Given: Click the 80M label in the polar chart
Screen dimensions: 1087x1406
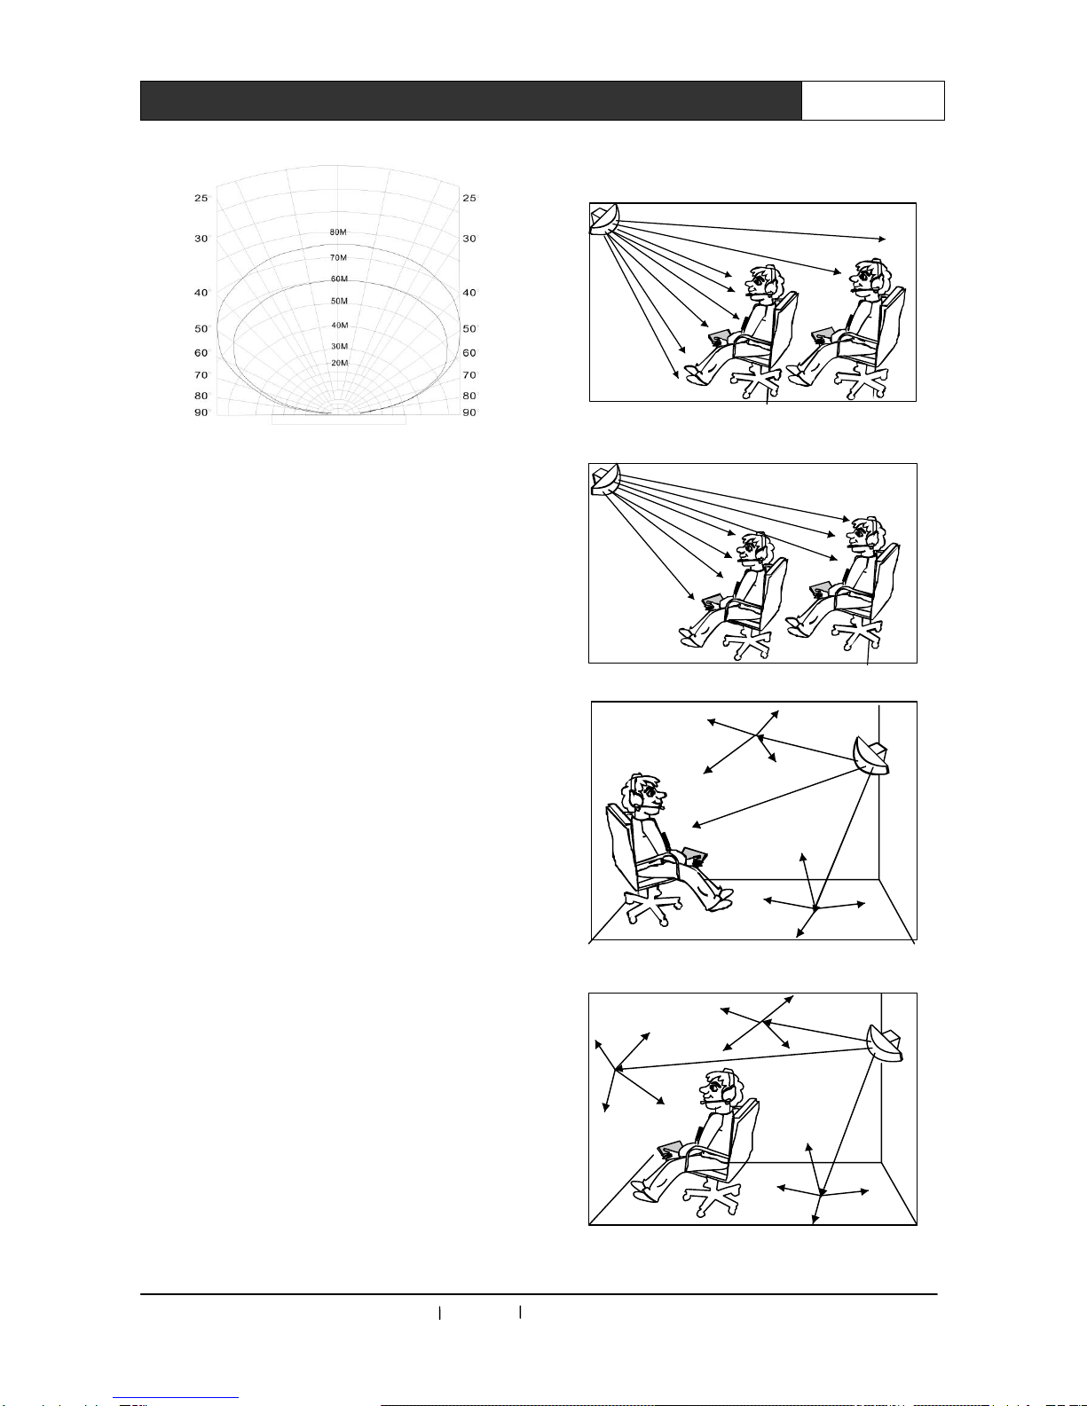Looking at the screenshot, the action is [x=338, y=232].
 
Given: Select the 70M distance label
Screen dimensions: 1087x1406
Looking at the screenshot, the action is [x=338, y=257].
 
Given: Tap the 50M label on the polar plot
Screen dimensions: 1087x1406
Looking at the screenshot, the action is [x=339, y=301].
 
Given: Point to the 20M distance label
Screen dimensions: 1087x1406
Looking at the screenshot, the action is [x=340, y=363].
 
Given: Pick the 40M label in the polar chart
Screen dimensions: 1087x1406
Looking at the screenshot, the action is [x=340, y=326].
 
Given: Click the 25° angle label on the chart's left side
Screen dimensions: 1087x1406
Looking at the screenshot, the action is [x=202, y=198].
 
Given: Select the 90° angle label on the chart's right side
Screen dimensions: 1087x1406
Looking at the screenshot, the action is [x=469, y=412].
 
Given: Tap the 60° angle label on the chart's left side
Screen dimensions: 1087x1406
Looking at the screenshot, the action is [x=202, y=353].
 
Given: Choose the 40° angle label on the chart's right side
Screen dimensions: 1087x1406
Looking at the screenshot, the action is [x=469, y=293].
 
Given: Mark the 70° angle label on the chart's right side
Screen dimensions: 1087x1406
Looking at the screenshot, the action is [x=469, y=374].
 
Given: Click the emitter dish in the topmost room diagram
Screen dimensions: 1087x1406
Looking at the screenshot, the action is [x=605, y=219].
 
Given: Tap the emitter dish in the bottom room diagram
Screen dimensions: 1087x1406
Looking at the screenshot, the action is [x=886, y=1044].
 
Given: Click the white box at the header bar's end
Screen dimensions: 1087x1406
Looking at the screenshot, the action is [x=873, y=101].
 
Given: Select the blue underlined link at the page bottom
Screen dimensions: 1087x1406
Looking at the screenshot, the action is [x=176, y=1398].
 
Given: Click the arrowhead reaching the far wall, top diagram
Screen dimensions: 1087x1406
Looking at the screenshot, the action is [x=882, y=239].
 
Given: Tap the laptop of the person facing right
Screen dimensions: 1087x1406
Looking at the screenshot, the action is [x=696, y=856].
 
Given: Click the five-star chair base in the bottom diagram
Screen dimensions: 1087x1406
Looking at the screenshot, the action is [x=712, y=1198].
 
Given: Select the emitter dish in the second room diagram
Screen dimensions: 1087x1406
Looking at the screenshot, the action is [x=605, y=480].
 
